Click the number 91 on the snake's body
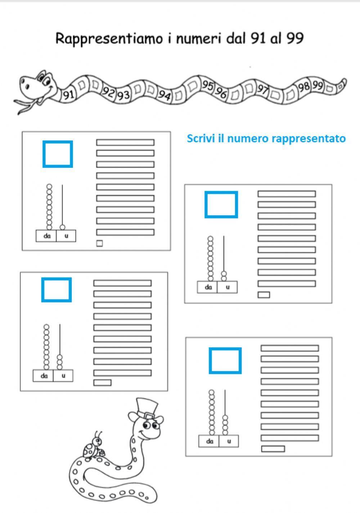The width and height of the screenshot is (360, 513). [x=68, y=95]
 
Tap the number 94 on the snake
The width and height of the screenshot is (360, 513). [x=165, y=95]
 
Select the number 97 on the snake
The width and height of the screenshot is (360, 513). [x=263, y=89]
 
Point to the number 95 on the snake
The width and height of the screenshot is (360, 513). [x=207, y=85]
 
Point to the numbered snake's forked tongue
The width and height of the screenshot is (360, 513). [x=25, y=106]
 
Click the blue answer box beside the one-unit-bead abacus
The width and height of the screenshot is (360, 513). [x=58, y=154]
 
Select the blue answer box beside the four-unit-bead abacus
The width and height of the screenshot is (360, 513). [x=225, y=360]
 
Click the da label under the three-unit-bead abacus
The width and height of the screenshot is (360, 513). [x=44, y=376]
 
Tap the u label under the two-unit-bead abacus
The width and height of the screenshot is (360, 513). [x=227, y=287]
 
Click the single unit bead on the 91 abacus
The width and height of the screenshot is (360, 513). [x=62, y=227]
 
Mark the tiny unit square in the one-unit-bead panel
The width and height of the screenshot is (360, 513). [x=99, y=244]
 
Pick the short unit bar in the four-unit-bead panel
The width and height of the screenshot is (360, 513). [x=273, y=449]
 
